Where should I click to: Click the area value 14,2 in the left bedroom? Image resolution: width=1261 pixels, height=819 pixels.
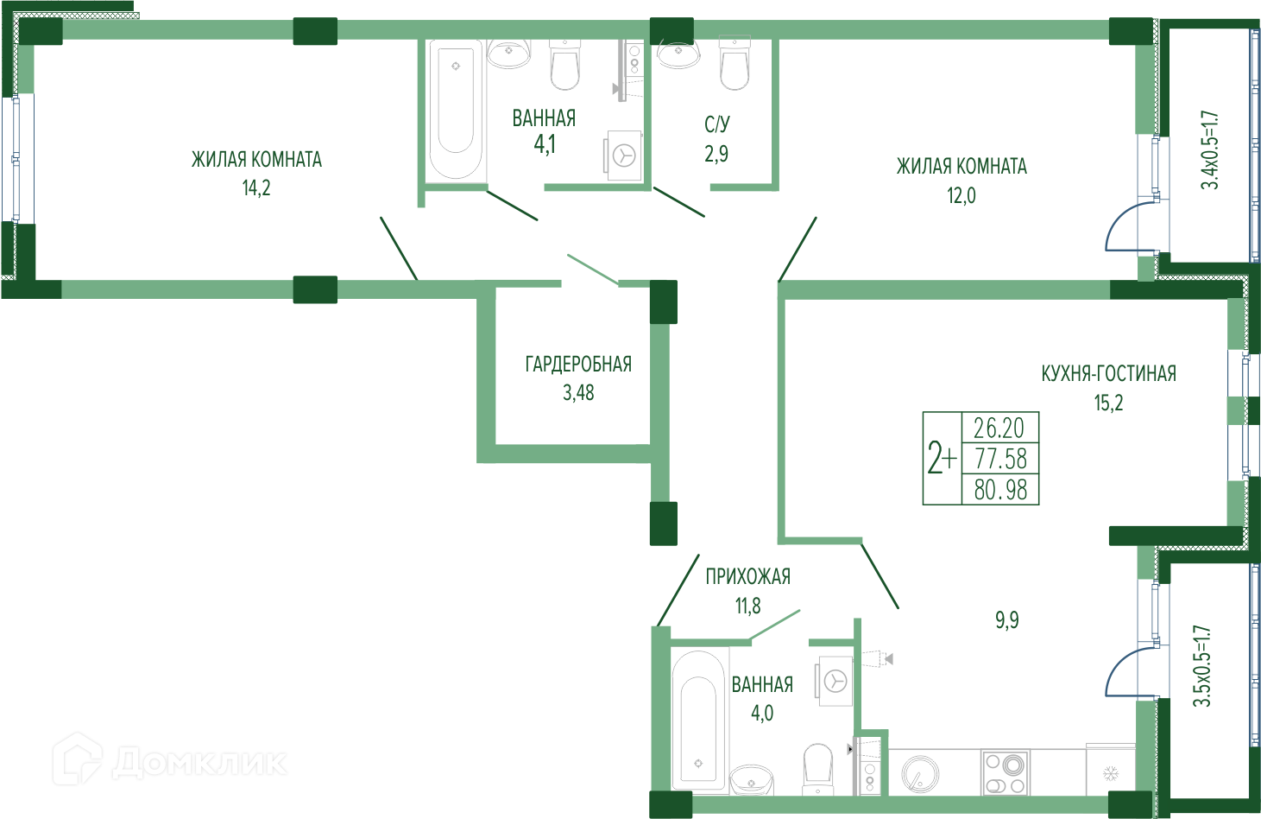(256, 187)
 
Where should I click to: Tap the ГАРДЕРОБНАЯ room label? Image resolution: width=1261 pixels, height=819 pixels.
(577, 364)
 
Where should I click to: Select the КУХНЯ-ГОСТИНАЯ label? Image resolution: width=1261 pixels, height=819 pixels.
(1108, 373)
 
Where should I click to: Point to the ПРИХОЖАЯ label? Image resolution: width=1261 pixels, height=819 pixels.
(747, 576)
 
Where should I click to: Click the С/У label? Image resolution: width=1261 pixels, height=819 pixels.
(716, 124)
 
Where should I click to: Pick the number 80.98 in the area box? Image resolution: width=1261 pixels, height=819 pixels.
(1000, 490)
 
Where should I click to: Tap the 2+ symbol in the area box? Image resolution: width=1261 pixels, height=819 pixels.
(942, 459)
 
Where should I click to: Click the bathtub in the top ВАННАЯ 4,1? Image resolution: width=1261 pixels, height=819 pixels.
(456, 108)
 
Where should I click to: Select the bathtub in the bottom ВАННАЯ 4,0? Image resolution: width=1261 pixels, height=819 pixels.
(698, 724)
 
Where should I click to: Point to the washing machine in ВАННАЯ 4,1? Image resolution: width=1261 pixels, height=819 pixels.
(623, 156)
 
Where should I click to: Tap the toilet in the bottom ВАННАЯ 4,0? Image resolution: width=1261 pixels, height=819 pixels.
(816, 768)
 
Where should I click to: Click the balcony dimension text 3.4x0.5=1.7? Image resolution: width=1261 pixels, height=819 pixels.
(1210, 149)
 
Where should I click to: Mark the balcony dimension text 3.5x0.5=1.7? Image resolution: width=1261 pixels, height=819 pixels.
(1202, 666)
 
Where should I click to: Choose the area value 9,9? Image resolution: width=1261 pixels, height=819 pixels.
(1006, 620)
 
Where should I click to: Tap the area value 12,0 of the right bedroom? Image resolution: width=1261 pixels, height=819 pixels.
(961, 195)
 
